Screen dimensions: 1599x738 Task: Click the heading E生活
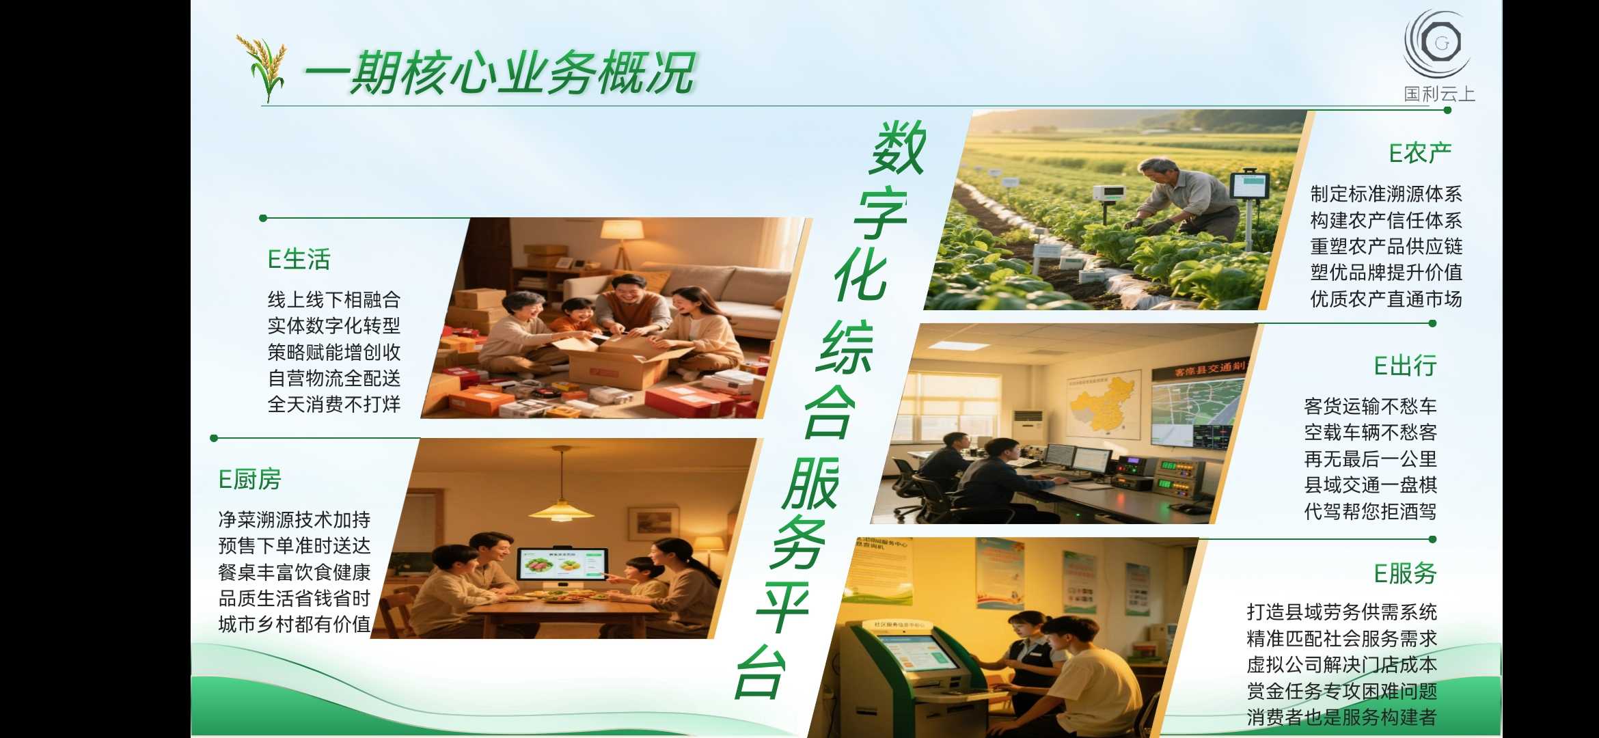click(x=299, y=260)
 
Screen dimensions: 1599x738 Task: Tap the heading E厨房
click(x=249, y=480)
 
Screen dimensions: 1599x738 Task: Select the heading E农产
click(x=1420, y=153)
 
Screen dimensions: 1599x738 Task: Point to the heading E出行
click(x=1405, y=366)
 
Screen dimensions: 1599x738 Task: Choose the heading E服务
click(x=1405, y=573)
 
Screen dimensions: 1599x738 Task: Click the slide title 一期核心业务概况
click(x=500, y=72)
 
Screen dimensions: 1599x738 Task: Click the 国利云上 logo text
click(x=1439, y=94)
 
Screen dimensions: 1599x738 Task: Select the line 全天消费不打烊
click(x=333, y=405)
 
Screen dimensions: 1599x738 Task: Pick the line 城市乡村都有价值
click(x=294, y=624)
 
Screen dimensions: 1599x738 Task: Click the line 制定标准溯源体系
click(x=1386, y=194)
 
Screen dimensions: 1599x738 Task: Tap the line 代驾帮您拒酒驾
click(x=1370, y=511)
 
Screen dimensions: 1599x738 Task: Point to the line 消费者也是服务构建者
click(x=1341, y=717)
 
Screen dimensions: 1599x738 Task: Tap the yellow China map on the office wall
click(x=1102, y=403)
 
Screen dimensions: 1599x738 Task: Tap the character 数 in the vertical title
click(x=898, y=148)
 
